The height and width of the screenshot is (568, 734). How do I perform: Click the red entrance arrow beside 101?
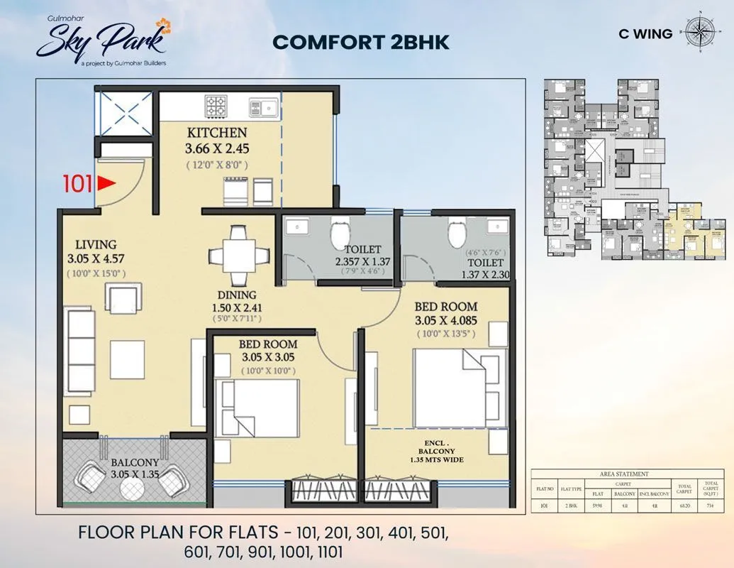point(106,184)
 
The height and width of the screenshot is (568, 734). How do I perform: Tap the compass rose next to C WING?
point(700,33)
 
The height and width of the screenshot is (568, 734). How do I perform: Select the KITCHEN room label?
point(217,133)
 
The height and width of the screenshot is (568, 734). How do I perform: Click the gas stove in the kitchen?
point(216,106)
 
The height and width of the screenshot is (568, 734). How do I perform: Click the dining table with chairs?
point(238,256)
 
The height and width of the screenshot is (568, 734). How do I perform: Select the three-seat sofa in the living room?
point(79,349)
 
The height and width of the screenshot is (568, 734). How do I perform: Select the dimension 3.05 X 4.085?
point(445,321)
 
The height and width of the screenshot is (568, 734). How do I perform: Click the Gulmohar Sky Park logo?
point(103,40)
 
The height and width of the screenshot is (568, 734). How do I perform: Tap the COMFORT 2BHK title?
point(361,42)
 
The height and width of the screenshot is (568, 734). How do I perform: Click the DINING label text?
point(237,295)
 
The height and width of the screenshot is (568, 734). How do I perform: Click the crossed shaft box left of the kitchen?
point(124,111)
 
